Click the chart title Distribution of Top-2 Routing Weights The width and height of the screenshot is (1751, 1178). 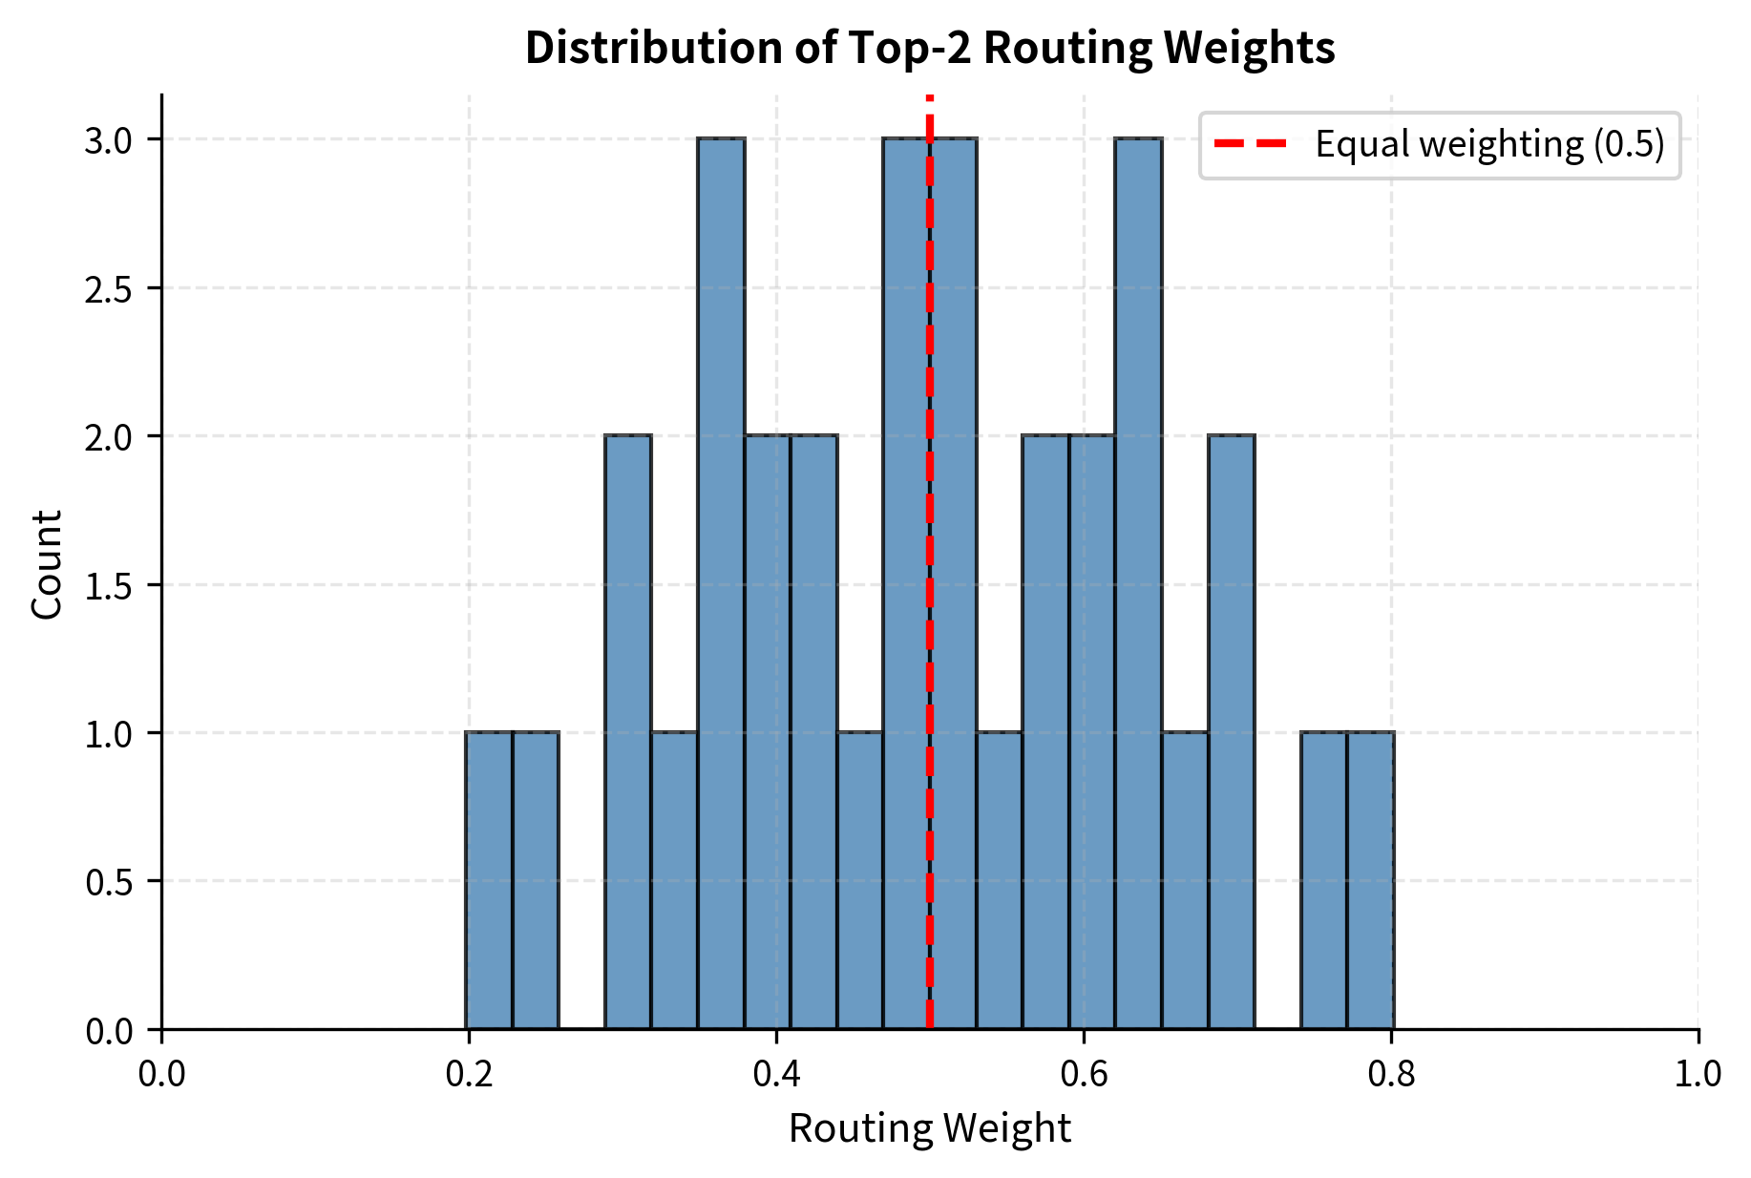(929, 48)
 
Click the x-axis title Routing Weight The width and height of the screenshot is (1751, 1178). (929, 1128)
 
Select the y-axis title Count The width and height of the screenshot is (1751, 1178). (47, 563)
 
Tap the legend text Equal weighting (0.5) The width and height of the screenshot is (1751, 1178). (1489, 144)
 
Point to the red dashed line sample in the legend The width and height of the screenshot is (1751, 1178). (1250, 144)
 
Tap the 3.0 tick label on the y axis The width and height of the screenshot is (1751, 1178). (108, 140)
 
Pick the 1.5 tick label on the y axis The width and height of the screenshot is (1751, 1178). (108, 585)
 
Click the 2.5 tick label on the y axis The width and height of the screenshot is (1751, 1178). (108, 288)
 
